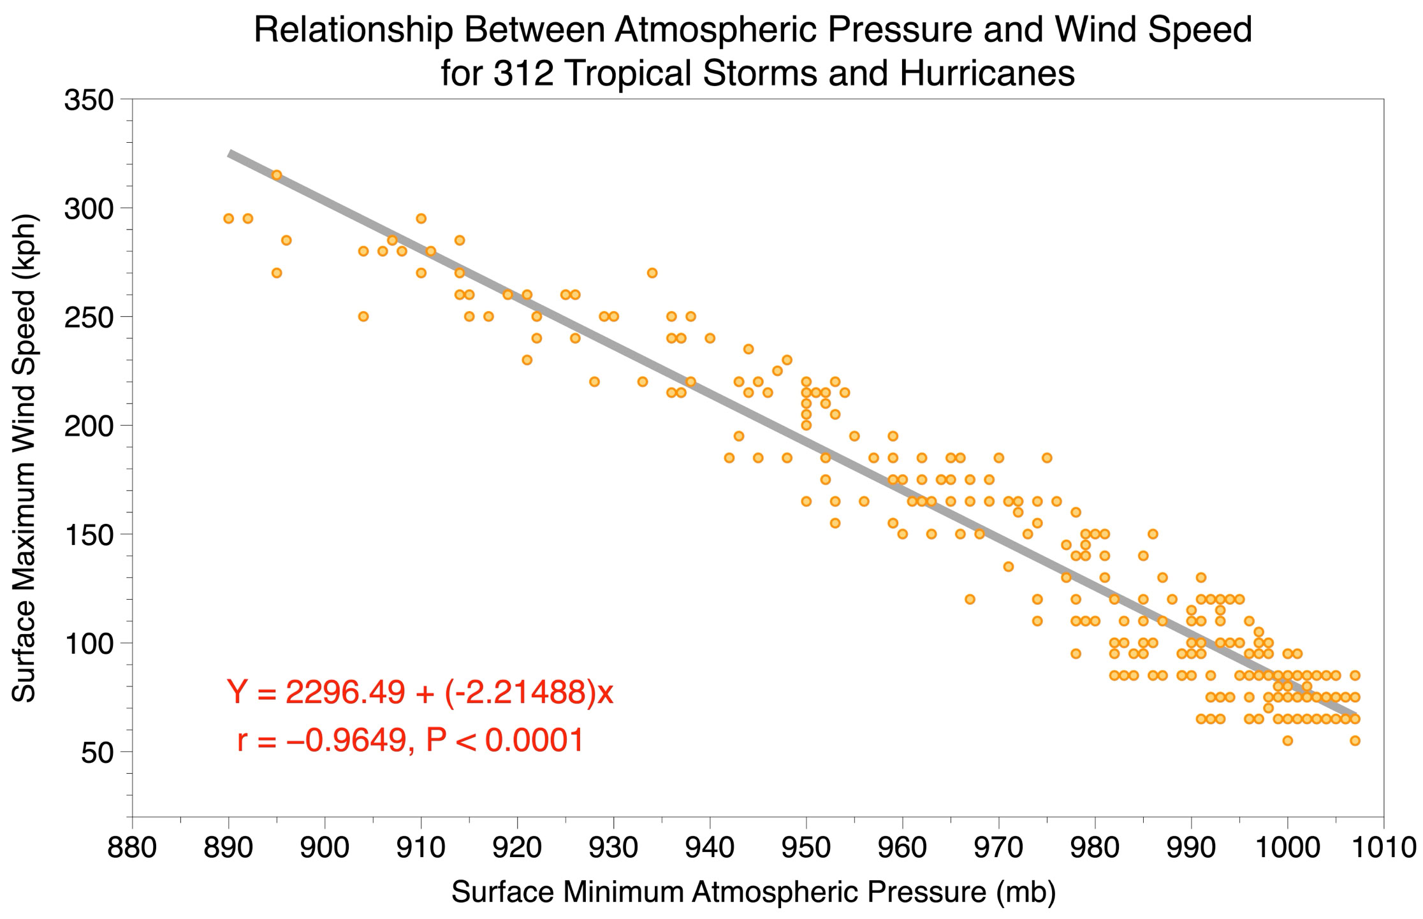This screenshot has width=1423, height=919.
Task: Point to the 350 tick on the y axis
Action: coord(89,100)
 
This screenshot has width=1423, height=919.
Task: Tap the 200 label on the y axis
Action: coord(89,426)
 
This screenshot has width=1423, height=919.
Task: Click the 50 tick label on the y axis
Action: coord(97,752)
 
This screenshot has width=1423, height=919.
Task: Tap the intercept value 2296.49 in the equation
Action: coord(345,693)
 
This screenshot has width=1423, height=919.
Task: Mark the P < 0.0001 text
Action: coord(504,741)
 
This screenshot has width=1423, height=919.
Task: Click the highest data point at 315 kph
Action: coord(277,175)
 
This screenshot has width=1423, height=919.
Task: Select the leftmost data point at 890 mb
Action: coord(229,219)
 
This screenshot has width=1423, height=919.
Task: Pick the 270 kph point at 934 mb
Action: coord(652,273)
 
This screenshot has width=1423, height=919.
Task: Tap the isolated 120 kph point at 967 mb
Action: coord(970,599)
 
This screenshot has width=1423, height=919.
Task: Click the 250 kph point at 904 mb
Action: coord(363,317)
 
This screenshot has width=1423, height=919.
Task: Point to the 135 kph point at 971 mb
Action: coord(1008,567)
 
